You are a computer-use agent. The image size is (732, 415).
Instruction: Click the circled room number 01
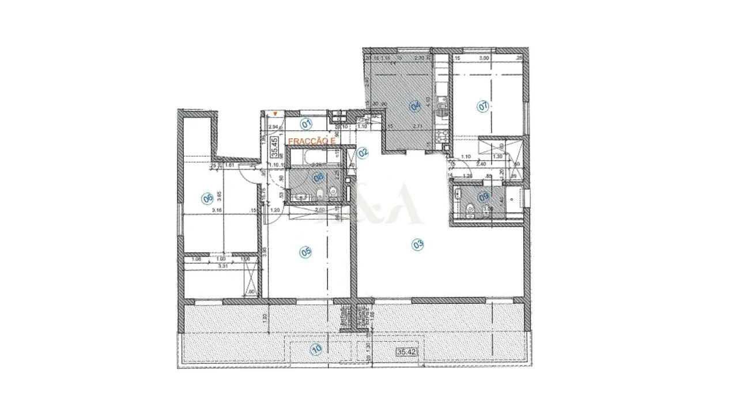(x=307, y=123)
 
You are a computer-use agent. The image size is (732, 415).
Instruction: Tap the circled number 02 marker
(x=363, y=153)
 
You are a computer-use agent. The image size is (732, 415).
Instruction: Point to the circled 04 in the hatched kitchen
(x=414, y=105)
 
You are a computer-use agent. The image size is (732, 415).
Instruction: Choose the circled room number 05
(x=305, y=251)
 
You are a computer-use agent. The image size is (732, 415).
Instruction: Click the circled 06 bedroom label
(x=207, y=198)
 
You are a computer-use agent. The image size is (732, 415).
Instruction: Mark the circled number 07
(x=482, y=106)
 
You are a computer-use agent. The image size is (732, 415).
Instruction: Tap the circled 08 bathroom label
(x=318, y=178)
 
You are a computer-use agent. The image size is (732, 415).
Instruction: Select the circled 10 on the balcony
(x=315, y=348)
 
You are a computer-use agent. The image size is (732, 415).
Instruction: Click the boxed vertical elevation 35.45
(x=275, y=146)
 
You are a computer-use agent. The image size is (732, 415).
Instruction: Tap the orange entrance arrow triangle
(x=276, y=114)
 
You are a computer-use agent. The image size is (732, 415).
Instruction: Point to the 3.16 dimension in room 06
(x=217, y=210)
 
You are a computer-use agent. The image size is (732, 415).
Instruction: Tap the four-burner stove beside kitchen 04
(x=442, y=137)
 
